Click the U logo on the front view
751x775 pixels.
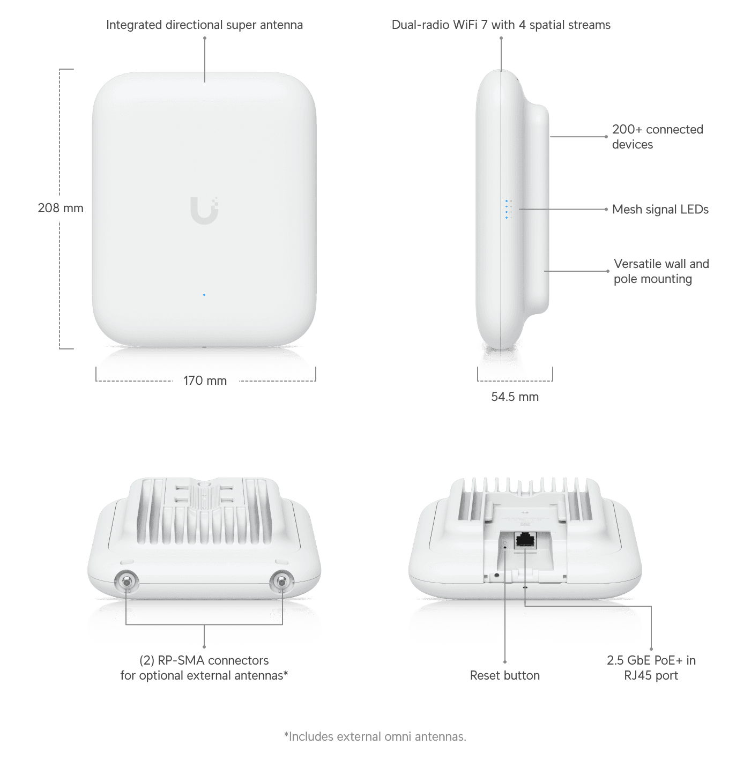pos(204,210)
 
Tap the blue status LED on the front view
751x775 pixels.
pos(204,295)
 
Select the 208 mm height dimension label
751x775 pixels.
pos(61,208)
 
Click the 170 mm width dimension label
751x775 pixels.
pos(205,381)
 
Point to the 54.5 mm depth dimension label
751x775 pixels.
pos(515,396)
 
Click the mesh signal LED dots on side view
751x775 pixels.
pos(508,210)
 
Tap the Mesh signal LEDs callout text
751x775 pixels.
pos(660,209)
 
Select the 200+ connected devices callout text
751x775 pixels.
pos(657,137)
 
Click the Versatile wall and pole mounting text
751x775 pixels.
pos(661,271)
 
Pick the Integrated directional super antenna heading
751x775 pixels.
pos(204,25)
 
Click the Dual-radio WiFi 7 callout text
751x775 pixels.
pos(501,25)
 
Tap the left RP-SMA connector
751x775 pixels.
pos(127,582)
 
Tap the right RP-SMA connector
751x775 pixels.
pos(281,582)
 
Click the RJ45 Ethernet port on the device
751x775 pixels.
pos(525,540)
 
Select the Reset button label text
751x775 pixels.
pos(505,675)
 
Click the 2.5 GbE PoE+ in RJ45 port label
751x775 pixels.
pos(651,667)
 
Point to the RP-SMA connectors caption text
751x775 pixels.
pos(204,667)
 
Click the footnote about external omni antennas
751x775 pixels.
pos(375,736)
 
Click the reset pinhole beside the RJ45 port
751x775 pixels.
pos(505,547)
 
